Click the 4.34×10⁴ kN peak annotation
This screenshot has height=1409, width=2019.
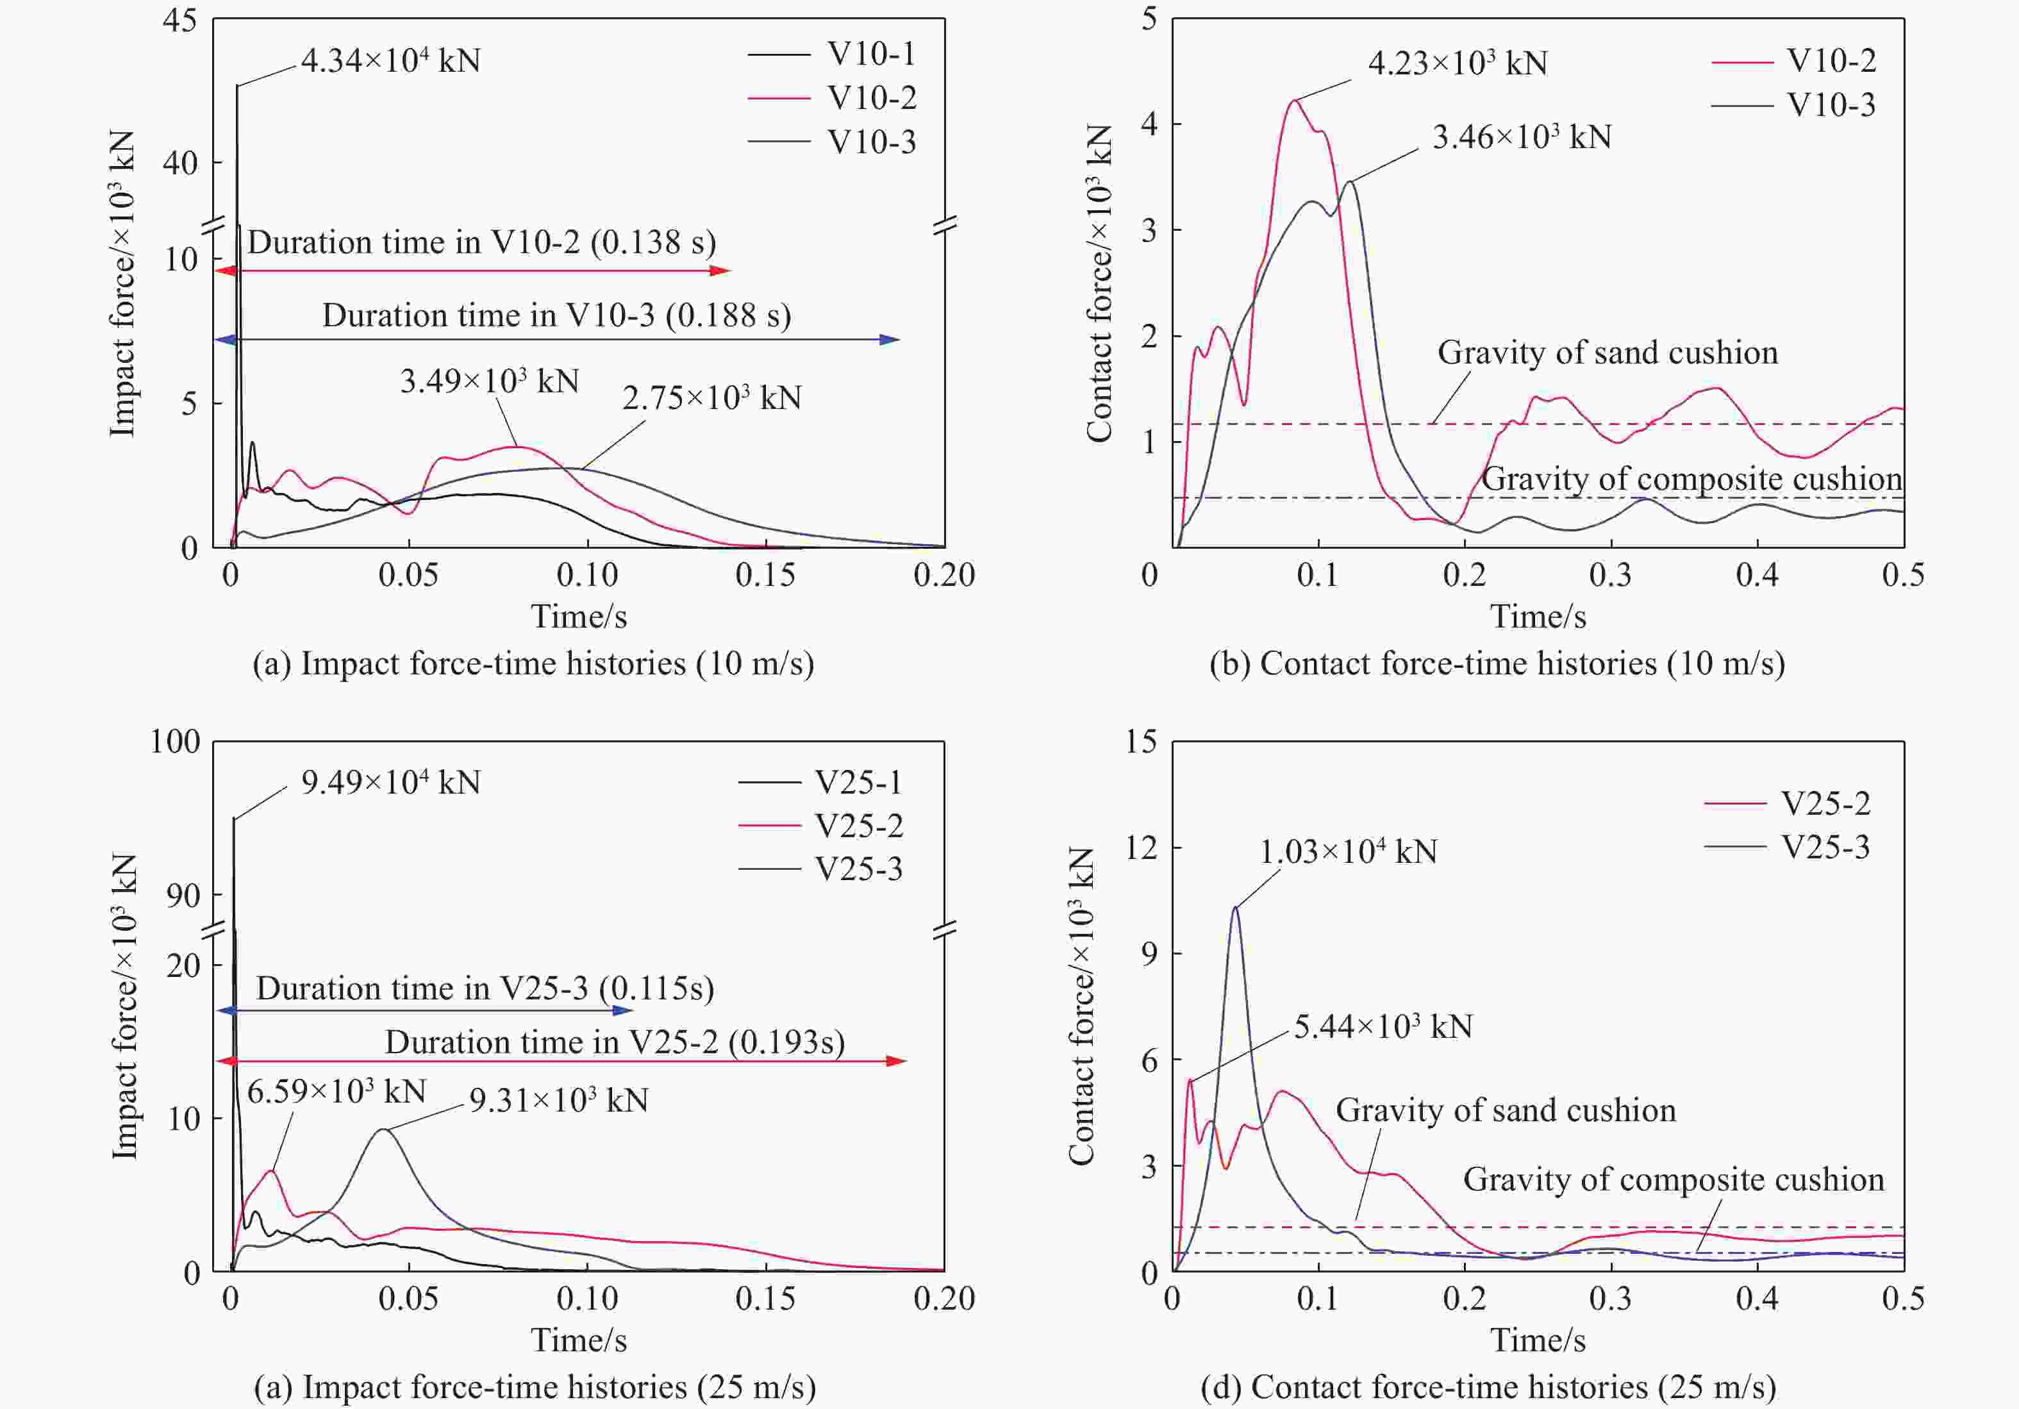pos(390,61)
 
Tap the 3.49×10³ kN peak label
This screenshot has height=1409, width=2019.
pos(490,381)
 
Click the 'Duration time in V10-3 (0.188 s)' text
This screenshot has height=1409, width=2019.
pos(556,315)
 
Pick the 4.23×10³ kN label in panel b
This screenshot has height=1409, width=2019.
pos(1457,63)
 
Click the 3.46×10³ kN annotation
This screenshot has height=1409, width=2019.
pos(1522,137)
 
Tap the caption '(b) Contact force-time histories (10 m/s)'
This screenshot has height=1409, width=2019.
pos(1497,663)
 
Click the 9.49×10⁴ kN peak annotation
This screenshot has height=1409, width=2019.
pos(390,782)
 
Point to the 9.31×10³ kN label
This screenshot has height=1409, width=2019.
pos(558,1100)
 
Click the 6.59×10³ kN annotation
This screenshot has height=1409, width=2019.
pos(336,1092)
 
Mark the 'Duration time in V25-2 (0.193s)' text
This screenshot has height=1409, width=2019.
pos(615,1042)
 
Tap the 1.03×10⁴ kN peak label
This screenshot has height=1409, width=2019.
pos(1348,851)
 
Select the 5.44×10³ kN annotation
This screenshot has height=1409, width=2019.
pos(1383,1026)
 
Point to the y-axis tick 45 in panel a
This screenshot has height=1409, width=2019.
pos(179,21)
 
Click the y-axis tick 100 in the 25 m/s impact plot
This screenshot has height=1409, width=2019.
pos(174,742)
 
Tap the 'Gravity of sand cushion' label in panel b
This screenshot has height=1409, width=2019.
pos(1608,353)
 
